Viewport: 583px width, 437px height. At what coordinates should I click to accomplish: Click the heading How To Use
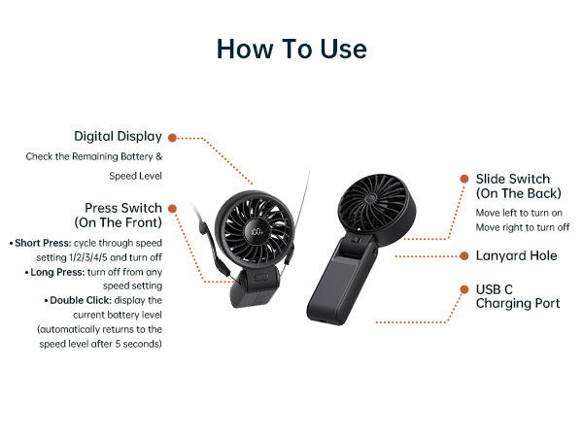point(291,49)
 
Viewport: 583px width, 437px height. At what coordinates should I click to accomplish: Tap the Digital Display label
point(118,137)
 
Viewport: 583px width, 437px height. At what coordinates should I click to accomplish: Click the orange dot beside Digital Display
point(172,137)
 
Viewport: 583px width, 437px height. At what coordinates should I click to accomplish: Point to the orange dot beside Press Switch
point(172,208)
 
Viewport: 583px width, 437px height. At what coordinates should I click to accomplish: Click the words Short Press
point(39,242)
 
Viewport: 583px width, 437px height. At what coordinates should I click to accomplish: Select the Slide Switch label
point(512,186)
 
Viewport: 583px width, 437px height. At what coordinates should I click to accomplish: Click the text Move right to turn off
point(522,227)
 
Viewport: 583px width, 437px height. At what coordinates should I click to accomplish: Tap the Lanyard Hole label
point(516,256)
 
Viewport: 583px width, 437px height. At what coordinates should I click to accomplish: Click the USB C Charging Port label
point(518,296)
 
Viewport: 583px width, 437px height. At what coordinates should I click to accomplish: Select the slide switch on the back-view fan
point(357,240)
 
